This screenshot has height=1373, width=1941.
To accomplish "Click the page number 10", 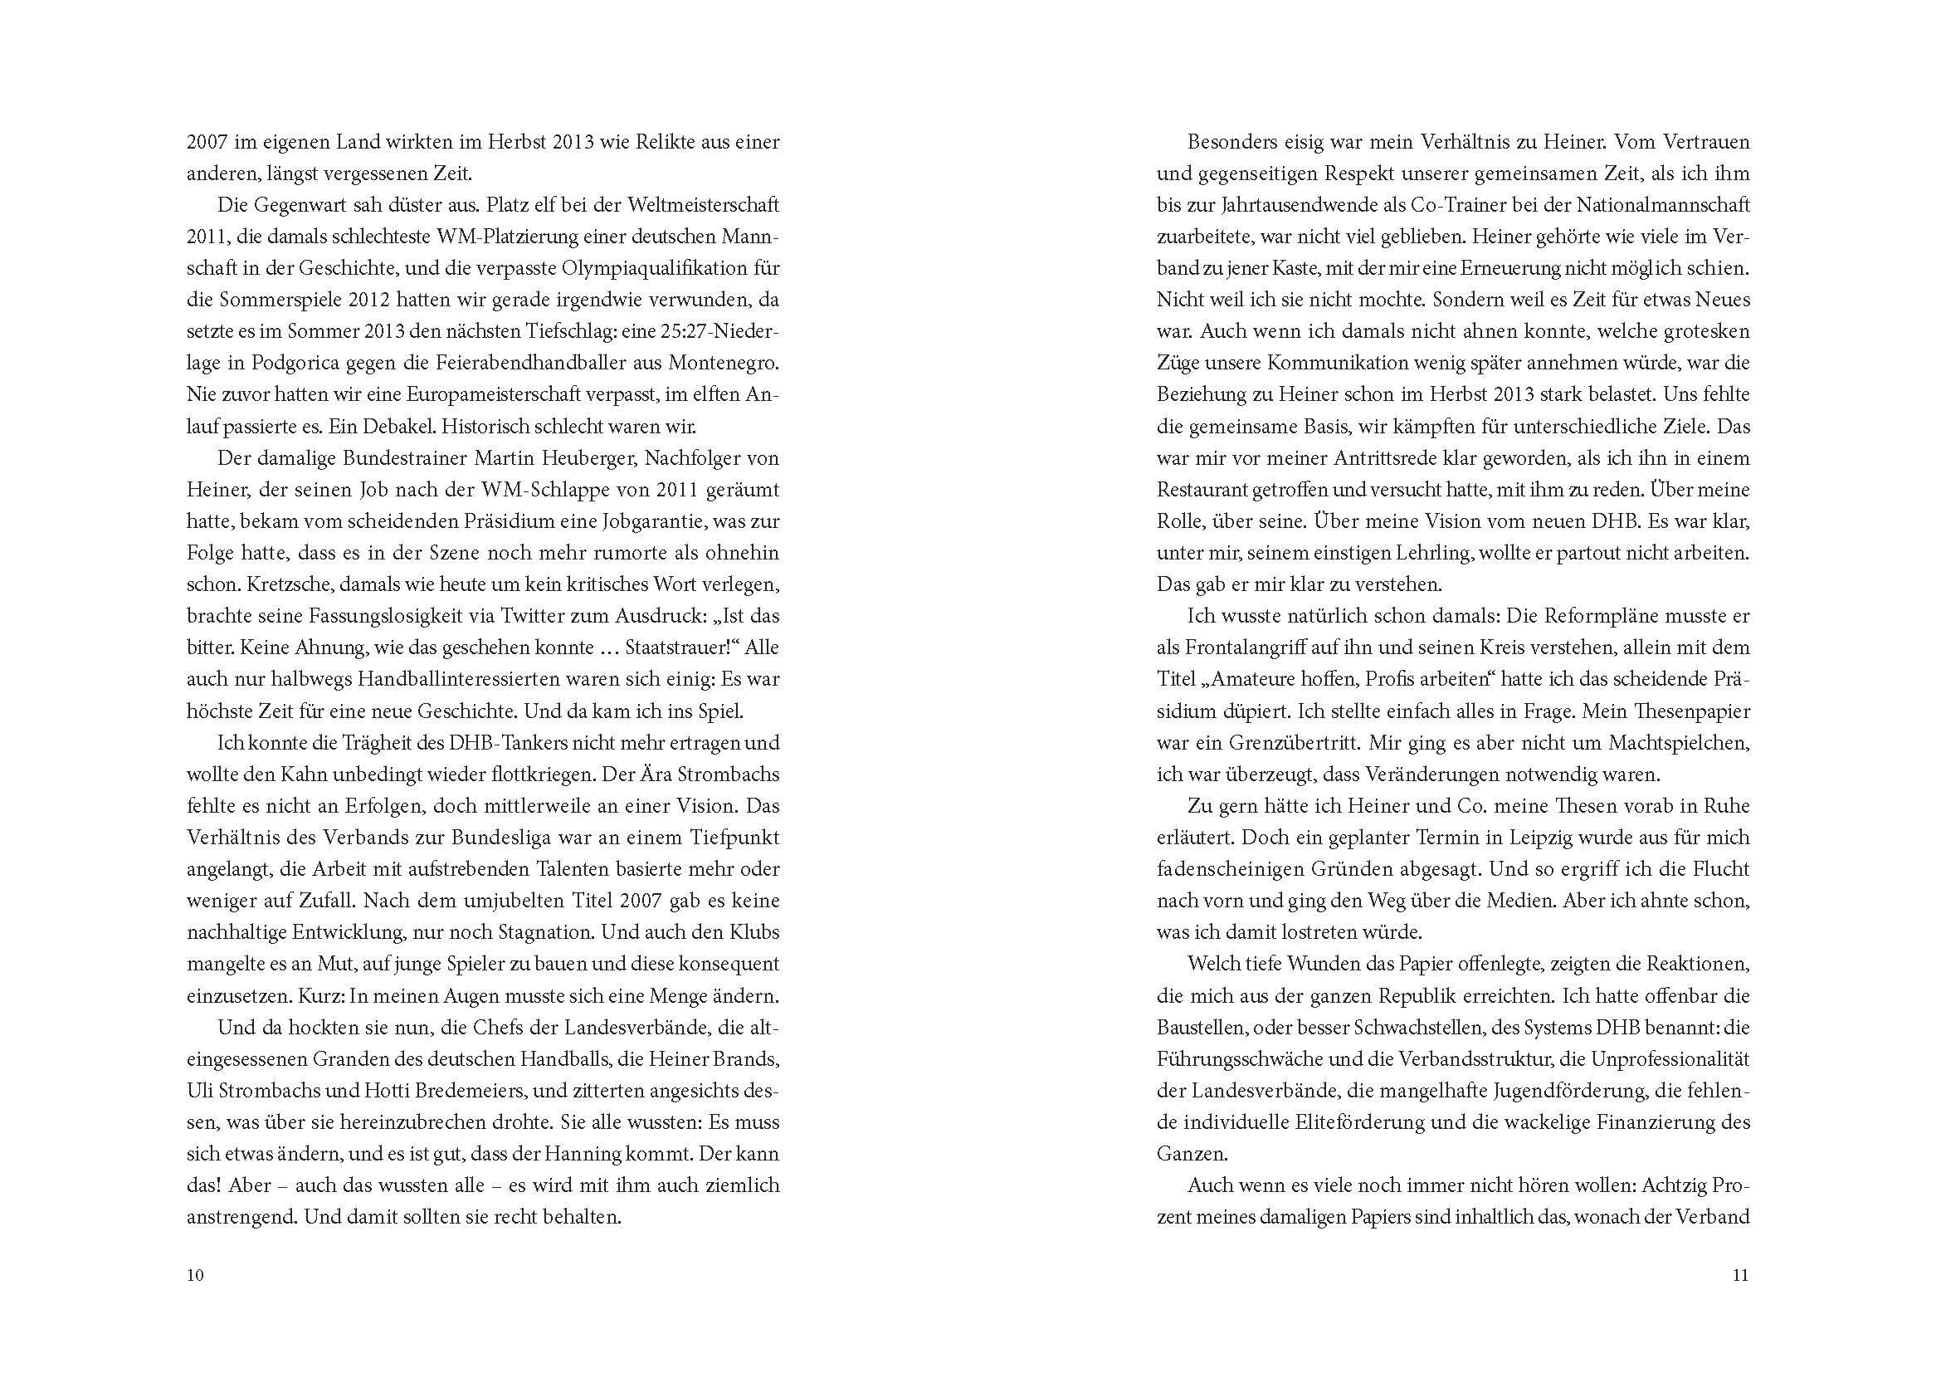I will tap(195, 1276).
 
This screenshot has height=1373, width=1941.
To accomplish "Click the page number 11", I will tap(1740, 1276).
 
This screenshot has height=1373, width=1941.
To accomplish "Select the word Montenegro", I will tap(724, 363).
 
